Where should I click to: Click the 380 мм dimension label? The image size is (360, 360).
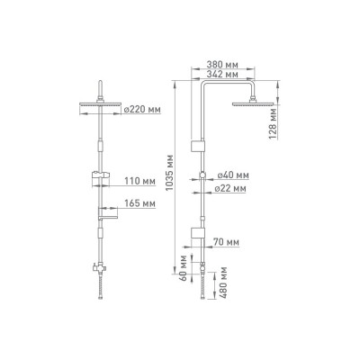[222, 64]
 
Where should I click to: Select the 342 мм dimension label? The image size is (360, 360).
[222, 74]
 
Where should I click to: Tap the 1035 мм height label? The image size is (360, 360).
[170, 173]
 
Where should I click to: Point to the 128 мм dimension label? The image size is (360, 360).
[273, 124]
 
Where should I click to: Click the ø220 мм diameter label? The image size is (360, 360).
[142, 110]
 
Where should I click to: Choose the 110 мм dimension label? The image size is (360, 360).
[140, 181]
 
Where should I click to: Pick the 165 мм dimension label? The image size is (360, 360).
[140, 203]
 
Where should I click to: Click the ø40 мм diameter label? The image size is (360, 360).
[233, 175]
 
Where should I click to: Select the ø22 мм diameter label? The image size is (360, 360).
[230, 189]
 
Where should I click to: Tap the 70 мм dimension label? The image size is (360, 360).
[226, 242]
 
